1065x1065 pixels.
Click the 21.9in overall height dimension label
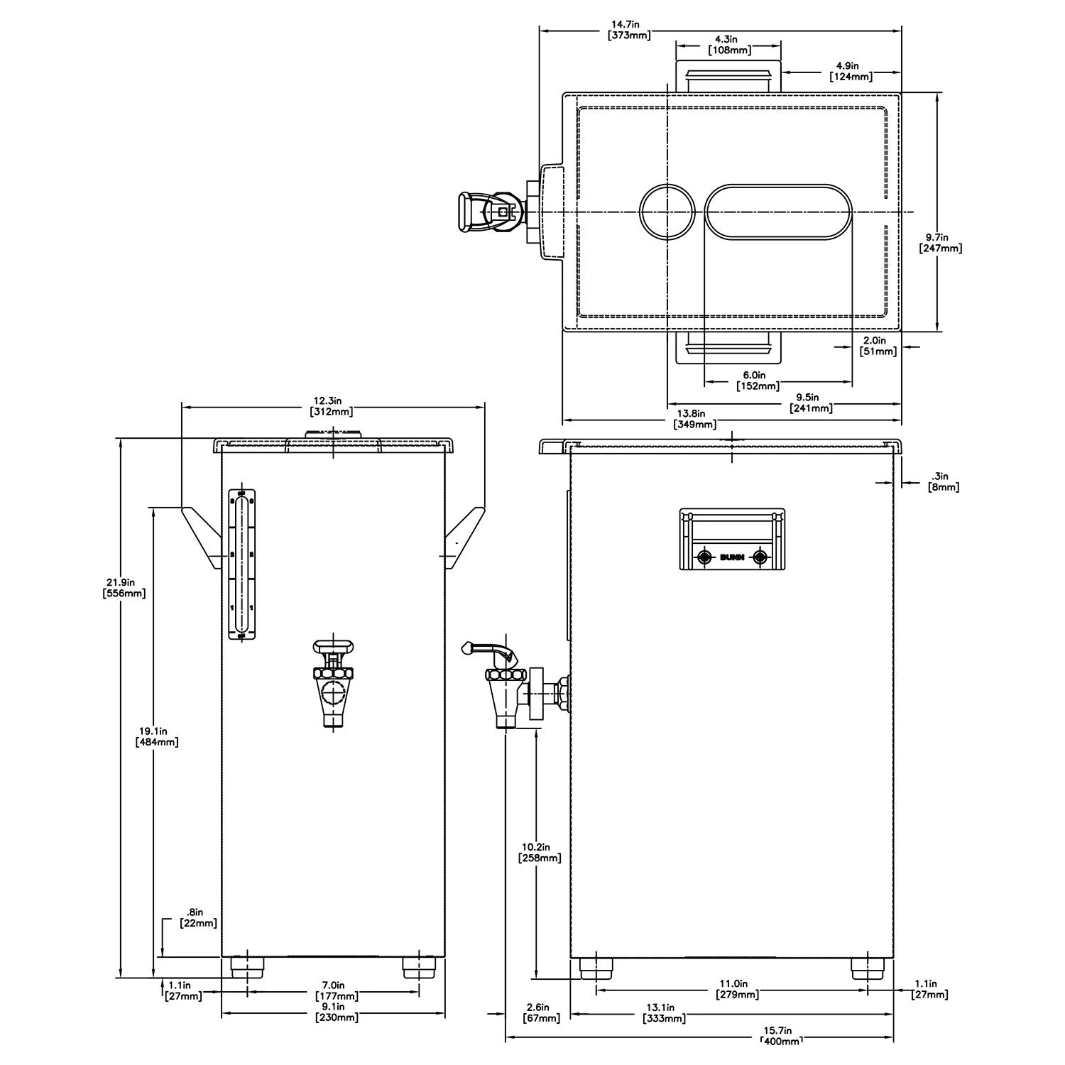(x=124, y=587)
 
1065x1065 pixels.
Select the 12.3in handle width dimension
(x=331, y=406)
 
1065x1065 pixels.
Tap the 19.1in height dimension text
(x=156, y=736)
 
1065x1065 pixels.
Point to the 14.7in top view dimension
(x=630, y=31)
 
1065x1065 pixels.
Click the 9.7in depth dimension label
(x=940, y=243)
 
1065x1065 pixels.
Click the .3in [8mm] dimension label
(x=944, y=481)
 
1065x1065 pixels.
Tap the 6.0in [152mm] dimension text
(x=758, y=381)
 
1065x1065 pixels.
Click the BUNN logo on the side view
(x=732, y=557)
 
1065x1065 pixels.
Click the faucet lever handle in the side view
(x=486, y=648)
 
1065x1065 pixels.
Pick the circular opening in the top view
(x=667, y=212)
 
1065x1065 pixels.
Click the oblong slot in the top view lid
(x=778, y=212)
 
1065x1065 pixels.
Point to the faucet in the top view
(x=490, y=212)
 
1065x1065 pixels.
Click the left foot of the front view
(x=247, y=966)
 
